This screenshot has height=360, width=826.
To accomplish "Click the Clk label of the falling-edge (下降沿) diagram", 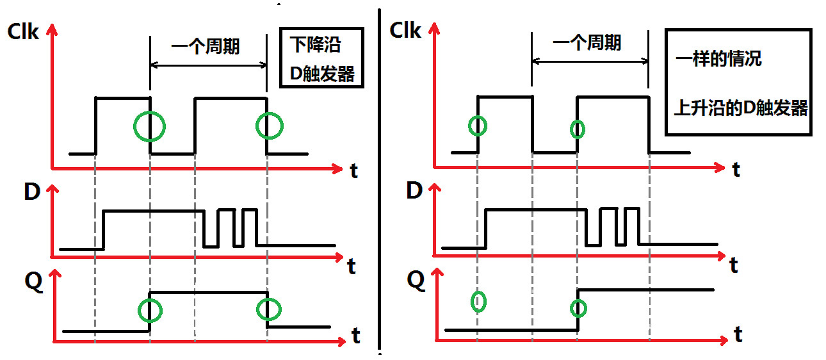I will click(23, 32).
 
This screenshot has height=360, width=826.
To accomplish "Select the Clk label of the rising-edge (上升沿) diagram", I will click(406, 30).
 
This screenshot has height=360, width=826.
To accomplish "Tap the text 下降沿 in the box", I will click(315, 45).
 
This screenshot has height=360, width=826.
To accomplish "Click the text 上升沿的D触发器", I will click(741, 108).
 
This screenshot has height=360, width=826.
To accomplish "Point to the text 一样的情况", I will click(718, 60).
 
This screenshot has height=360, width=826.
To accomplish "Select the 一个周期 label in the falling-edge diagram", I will click(206, 46).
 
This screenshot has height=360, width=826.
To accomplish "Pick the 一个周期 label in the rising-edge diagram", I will click(587, 43).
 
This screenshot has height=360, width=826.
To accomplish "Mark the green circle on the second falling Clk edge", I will click(268, 126).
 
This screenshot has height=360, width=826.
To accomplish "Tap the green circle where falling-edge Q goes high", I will click(150, 310).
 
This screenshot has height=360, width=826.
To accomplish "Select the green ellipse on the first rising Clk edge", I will click(478, 126).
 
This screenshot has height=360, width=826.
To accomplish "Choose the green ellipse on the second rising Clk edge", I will click(577, 129).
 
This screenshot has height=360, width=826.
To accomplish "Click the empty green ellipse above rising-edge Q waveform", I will click(478, 301).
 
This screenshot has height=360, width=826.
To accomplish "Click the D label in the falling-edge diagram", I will click(32, 192).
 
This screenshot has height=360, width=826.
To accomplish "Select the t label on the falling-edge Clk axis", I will click(354, 170).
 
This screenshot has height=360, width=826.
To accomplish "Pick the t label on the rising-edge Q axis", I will click(738, 334).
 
